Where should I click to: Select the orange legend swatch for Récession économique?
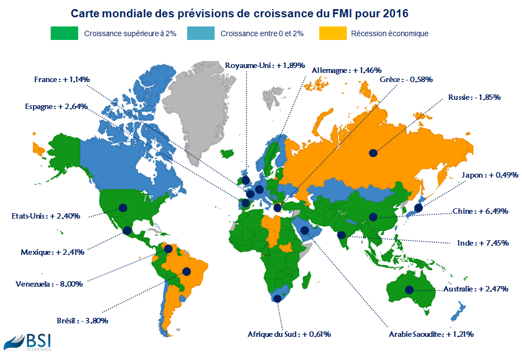(x=333, y=33)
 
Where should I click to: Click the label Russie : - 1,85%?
(x=475, y=98)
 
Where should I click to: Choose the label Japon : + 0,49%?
(x=490, y=175)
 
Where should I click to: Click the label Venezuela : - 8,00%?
(x=49, y=284)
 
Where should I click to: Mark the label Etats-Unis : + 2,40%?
(x=46, y=216)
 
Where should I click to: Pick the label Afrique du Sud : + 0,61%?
(x=289, y=334)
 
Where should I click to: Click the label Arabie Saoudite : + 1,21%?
(x=431, y=335)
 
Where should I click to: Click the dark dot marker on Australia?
(x=409, y=290)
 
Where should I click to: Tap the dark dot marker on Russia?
(x=373, y=153)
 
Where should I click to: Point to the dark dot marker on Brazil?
(x=187, y=271)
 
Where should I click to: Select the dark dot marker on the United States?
(x=122, y=207)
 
